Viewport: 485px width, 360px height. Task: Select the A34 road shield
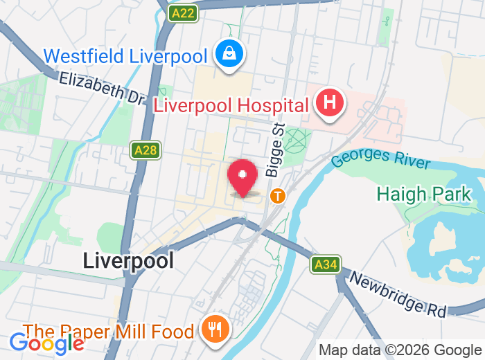[325, 264]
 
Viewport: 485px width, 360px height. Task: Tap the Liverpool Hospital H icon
[330, 104]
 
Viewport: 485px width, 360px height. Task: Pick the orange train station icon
[278, 196]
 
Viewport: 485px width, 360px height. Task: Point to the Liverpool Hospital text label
[231, 106]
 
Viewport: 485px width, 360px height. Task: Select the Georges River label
[380, 156]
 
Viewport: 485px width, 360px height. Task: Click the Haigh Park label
[423, 194]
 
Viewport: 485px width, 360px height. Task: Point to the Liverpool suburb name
[128, 260]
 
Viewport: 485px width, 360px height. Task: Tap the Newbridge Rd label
[398, 294]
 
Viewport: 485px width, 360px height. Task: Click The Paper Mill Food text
[108, 332]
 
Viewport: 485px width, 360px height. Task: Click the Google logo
[46, 342]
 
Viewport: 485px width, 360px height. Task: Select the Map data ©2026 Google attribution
[400, 350]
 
